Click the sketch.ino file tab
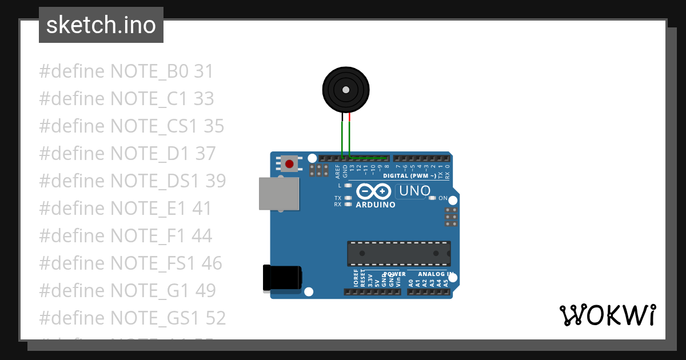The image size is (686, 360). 101,25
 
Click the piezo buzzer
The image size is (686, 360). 345,89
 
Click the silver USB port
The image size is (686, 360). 280,193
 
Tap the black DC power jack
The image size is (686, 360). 282,278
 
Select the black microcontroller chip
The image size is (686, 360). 399,253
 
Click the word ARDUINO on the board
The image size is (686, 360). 376,205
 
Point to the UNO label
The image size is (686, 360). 414,191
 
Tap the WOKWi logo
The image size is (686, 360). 607,315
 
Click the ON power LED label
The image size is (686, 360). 443,198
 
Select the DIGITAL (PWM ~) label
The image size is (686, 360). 409,175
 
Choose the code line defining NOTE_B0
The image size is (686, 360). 126,71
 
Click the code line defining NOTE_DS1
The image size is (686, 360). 133,181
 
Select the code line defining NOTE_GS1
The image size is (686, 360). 133,318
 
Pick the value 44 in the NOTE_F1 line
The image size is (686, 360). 202,235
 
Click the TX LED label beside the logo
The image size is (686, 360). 338,198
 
